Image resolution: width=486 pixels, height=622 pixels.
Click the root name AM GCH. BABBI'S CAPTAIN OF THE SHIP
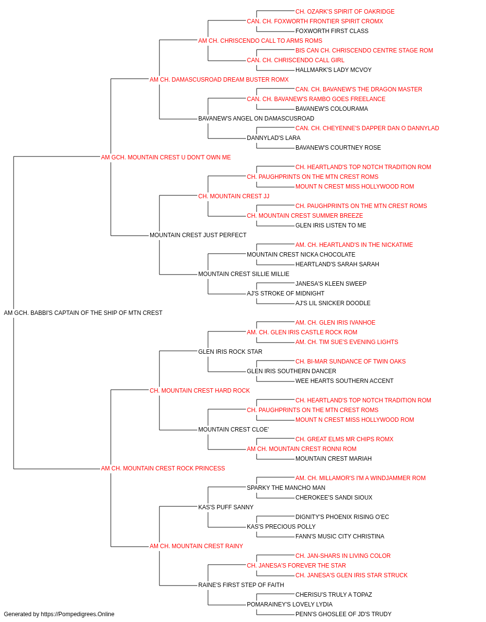[83, 313]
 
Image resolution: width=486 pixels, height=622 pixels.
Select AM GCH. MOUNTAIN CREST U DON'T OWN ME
[166, 157]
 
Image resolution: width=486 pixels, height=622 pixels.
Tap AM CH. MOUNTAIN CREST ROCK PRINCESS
[163, 468]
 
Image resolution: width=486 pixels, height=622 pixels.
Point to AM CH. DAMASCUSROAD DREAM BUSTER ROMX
[219, 80]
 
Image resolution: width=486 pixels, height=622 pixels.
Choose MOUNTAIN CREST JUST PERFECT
[198, 235]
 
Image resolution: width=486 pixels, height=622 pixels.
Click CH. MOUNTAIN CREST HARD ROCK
[199, 391]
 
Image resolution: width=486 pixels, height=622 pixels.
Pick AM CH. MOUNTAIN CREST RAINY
[196, 546]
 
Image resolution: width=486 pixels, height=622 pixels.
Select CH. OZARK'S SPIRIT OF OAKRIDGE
[345, 12]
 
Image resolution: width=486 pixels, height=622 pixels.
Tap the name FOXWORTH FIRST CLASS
[332, 31]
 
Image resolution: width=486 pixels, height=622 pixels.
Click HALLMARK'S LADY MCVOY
[333, 70]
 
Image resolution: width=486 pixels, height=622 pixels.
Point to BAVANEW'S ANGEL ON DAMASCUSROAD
[256, 119]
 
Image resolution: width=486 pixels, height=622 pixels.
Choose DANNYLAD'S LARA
[274, 138]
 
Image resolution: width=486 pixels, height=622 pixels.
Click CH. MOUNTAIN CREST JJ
[234, 196]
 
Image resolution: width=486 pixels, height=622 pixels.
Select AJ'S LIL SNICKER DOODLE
[333, 303]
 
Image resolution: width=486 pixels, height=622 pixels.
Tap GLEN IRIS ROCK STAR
[230, 352]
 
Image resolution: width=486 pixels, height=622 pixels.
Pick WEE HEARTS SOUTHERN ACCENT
[344, 381]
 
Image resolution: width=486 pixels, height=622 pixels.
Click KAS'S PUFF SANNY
[226, 507]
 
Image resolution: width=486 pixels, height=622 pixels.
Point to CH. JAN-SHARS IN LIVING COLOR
[343, 556]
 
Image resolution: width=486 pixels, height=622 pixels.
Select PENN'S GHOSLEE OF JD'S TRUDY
[344, 614]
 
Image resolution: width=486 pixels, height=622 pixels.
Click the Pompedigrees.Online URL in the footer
[77, 614]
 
